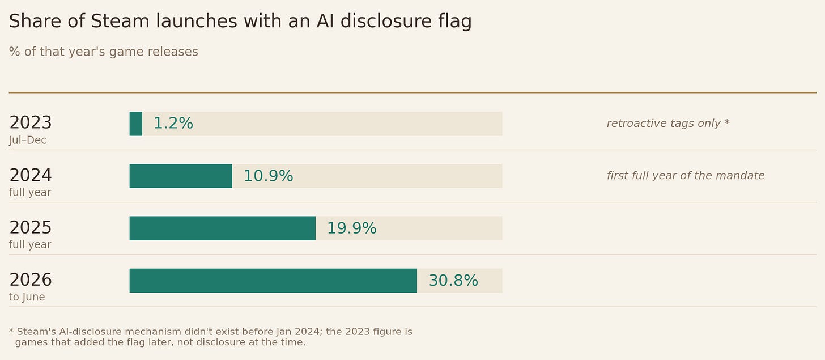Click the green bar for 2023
pyautogui.click(x=136, y=124)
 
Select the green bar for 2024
pyautogui.click(x=181, y=176)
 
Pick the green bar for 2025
pyautogui.click(x=223, y=228)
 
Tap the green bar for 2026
pyautogui.click(x=273, y=281)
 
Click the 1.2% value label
pyautogui.click(x=173, y=124)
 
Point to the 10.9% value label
pyautogui.click(x=268, y=176)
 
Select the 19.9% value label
pyautogui.click(x=352, y=228)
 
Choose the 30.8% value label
pyautogui.click(x=453, y=281)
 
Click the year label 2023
pyautogui.click(x=31, y=122)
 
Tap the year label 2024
pyautogui.click(x=31, y=175)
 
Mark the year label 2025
pyautogui.click(x=31, y=227)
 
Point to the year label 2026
pyautogui.click(x=31, y=279)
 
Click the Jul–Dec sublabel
pyautogui.click(x=28, y=141)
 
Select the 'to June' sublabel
pyautogui.click(x=27, y=297)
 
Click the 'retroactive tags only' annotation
pyautogui.click(x=664, y=124)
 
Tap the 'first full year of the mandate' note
pyautogui.click(x=686, y=176)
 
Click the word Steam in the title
pyautogui.click(x=120, y=21)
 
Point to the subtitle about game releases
pyautogui.click(x=104, y=52)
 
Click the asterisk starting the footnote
pyautogui.click(x=11, y=331)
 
